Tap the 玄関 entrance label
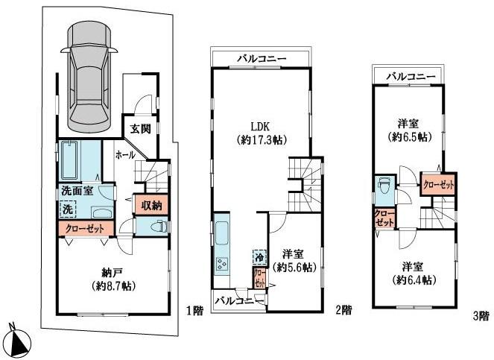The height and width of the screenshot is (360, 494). pyautogui.click(x=141, y=128)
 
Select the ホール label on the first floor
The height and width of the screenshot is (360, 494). pyautogui.click(x=124, y=154)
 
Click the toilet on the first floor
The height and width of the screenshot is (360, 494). pyautogui.click(x=157, y=227)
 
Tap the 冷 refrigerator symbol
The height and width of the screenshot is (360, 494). pyautogui.click(x=259, y=256)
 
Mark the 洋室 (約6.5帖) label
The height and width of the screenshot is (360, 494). pyautogui.click(x=409, y=131)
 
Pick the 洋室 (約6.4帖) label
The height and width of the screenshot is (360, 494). pyautogui.click(x=417, y=273)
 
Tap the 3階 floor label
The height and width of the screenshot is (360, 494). pyautogui.click(x=481, y=316)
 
